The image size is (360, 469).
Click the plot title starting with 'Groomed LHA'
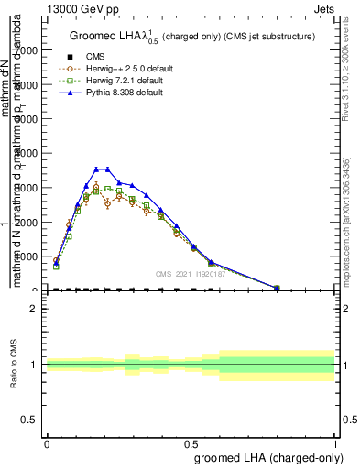(192, 37)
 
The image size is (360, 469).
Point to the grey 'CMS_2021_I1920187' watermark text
(189, 273)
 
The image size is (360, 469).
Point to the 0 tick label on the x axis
(47, 442)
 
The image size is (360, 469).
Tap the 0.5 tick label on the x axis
(191, 442)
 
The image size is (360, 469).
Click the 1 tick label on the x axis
(335, 442)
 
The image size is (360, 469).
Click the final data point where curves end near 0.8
(278, 289)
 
